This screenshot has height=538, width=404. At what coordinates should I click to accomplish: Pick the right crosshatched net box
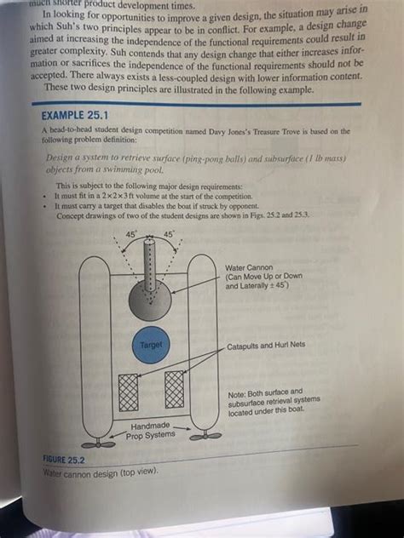click(x=176, y=389)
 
